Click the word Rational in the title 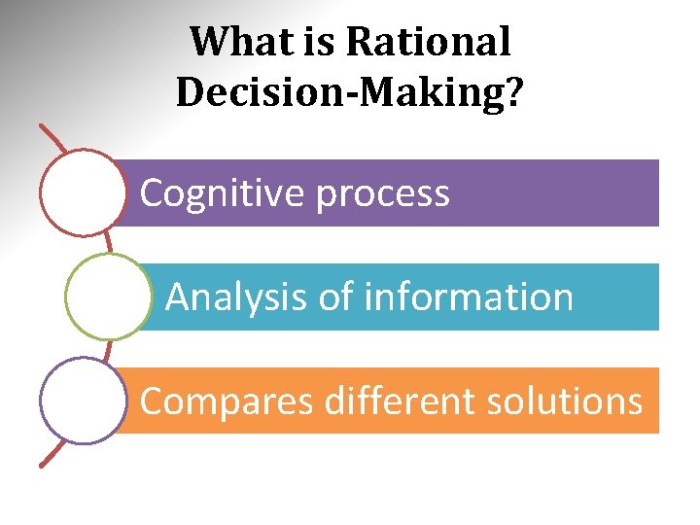coord(429,42)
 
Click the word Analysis coord(237,297)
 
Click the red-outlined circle coord(85,192)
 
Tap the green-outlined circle coord(108,297)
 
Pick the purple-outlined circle coord(85,401)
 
